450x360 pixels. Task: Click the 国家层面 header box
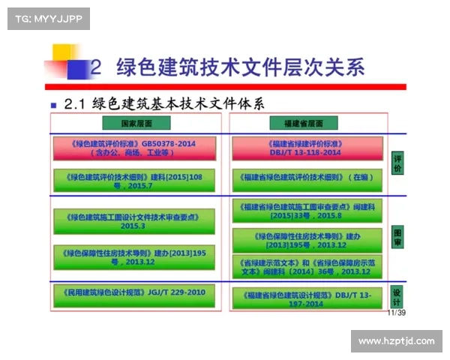(x=137, y=123)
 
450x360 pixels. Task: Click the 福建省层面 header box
(x=304, y=123)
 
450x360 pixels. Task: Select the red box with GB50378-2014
(x=133, y=148)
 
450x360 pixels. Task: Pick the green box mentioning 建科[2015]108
(x=133, y=180)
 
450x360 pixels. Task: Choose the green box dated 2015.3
(x=133, y=221)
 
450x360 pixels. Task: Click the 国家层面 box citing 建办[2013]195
(x=133, y=256)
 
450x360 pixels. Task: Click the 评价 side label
(x=397, y=164)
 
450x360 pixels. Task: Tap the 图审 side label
(x=397, y=237)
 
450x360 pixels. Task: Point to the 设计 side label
(x=397, y=295)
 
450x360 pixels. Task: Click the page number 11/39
(x=395, y=313)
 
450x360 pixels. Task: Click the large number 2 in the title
(x=95, y=68)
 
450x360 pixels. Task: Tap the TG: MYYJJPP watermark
(x=48, y=18)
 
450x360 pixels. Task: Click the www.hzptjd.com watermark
(x=396, y=341)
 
